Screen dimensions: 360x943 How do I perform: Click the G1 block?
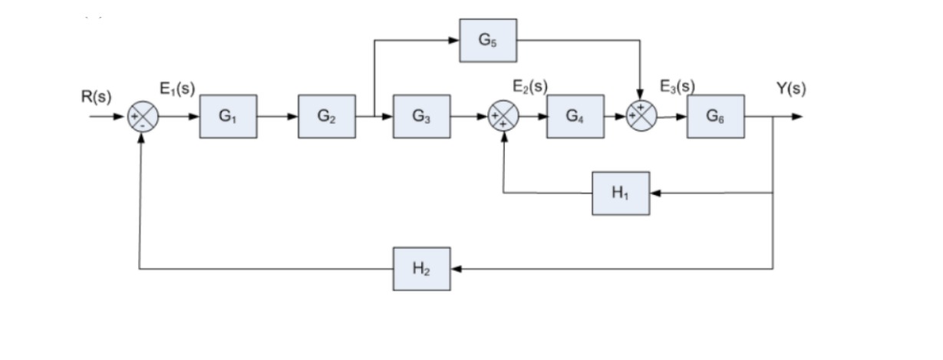point(228,117)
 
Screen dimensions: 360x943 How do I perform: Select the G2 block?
point(327,117)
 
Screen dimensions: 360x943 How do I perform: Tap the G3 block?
point(421,117)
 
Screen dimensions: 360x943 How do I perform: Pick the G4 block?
point(575,117)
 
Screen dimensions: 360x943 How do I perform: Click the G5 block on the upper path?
point(488,41)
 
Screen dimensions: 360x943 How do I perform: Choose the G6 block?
point(715,117)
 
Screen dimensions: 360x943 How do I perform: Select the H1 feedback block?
point(621,193)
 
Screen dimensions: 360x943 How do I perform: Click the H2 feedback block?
point(421,269)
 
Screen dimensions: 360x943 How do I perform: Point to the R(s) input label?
point(96,97)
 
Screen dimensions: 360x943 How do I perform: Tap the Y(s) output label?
point(790,88)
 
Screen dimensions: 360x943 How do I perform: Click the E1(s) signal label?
point(177,88)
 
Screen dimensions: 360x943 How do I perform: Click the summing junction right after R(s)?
point(143,117)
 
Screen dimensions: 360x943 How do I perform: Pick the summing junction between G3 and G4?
point(504,117)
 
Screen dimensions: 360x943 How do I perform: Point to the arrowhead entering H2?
point(456,269)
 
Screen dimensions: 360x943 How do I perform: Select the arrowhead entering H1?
point(655,193)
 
